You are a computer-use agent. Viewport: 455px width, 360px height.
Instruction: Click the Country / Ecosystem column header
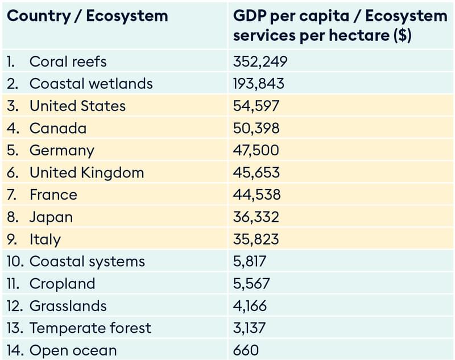pyautogui.click(x=87, y=16)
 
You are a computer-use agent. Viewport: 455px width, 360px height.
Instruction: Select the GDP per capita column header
pyautogui.click(x=340, y=26)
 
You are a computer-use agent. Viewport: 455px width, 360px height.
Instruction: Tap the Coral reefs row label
pyautogui.click(x=68, y=61)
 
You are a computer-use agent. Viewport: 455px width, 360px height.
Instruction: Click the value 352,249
pyautogui.click(x=260, y=61)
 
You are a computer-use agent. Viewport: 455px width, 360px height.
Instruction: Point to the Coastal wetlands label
pyautogui.click(x=91, y=84)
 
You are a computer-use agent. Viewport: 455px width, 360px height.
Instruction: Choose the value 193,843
pyautogui.click(x=258, y=84)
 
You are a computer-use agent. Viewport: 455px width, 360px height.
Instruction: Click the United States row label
pyautogui.click(x=77, y=106)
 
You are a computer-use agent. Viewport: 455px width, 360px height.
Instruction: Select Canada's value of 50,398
pyautogui.click(x=256, y=128)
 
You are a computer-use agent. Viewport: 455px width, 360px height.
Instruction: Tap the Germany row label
pyautogui.click(x=61, y=150)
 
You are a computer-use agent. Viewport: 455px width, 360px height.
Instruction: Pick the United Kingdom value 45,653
pyautogui.click(x=256, y=172)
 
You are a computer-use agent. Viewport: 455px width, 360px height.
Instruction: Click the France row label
pyautogui.click(x=53, y=195)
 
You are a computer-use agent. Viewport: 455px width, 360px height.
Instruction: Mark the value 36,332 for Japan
pyautogui.click(x=256, y=217)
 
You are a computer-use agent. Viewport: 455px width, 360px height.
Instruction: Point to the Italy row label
pyautogui.click(x=45, y=239)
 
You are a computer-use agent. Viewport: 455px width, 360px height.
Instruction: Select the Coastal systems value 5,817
pyautogui.click(x=249, y=262)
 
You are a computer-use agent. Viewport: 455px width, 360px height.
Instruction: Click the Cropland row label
pyautogui.click(x=62, y=284)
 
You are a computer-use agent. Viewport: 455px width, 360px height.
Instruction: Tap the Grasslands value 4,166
pyautogui.click(x=249, y=306)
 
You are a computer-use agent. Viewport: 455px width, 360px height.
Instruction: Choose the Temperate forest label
pyautogui.click(x=90, y=328)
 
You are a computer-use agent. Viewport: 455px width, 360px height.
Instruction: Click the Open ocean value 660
pyautogui.click(x=246, y=350)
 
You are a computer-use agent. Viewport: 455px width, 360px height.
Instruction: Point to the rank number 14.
pyautogui.click(x=15, y=350)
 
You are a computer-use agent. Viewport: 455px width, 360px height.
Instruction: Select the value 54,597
pyautogui.click(x=256, y=106)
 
